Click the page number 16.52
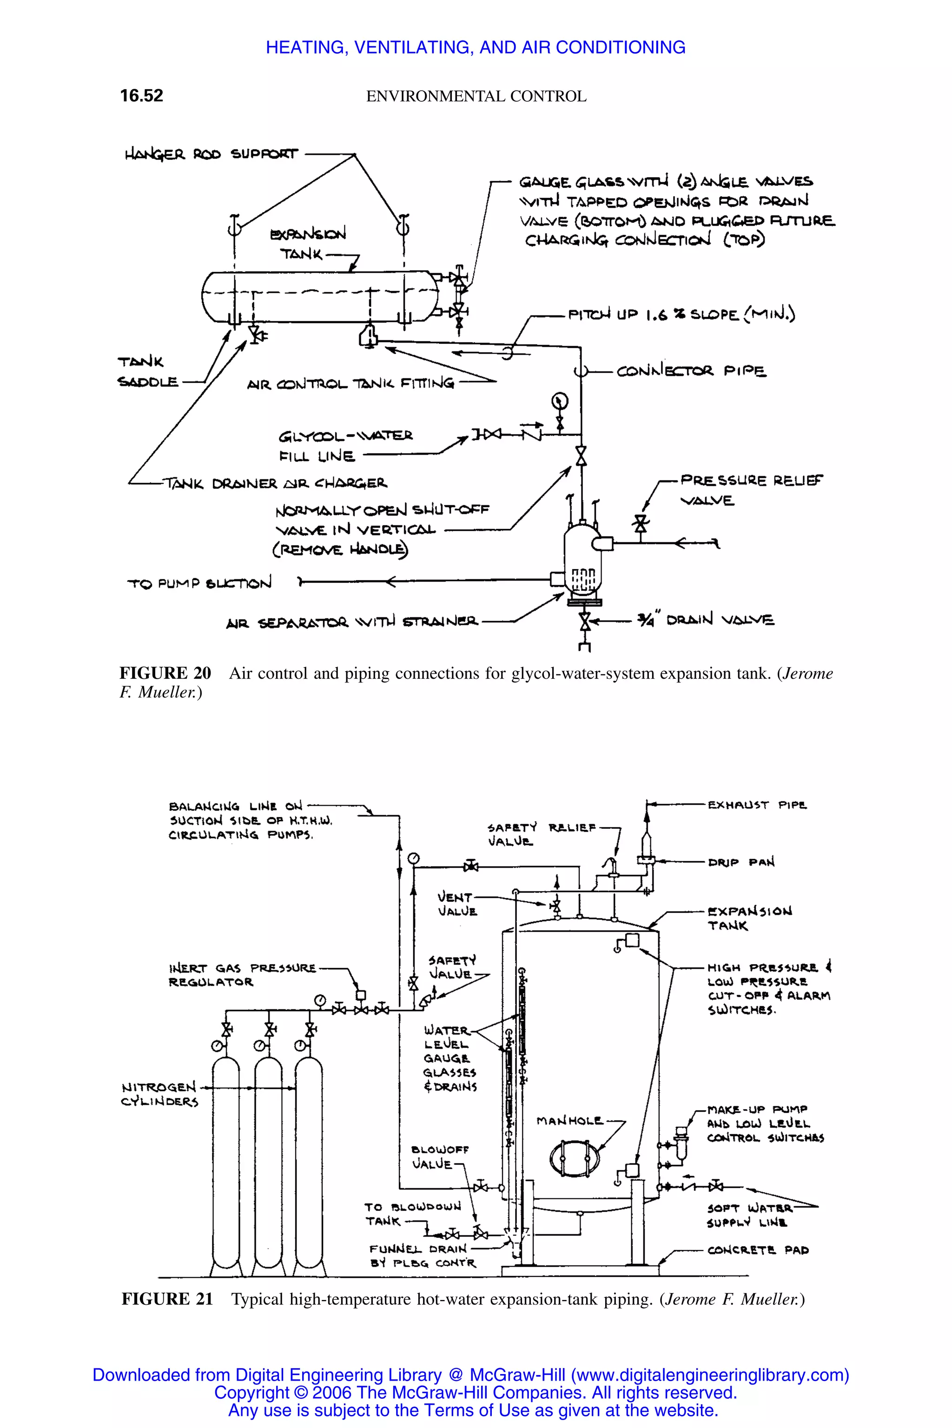coord(141,96)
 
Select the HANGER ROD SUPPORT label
coord(212,154)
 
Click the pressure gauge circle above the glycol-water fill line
coord(559,401)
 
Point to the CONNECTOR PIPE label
coord(691,371)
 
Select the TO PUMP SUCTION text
coord(199,583)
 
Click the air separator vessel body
coord(582,559)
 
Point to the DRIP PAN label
coord(740,862)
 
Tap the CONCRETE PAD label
coord(758,1250)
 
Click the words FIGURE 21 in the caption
coord(167,1299)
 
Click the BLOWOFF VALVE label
coord(440,1157)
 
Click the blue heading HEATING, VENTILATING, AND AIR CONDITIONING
coord(476,47)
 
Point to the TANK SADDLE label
coord(147,371)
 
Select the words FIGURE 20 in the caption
coord(165,673)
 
